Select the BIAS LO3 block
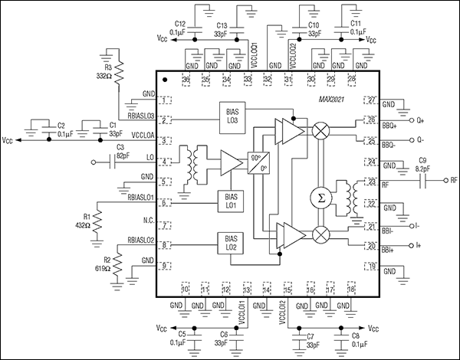coord(233,114)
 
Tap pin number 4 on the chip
coord(166,162)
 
